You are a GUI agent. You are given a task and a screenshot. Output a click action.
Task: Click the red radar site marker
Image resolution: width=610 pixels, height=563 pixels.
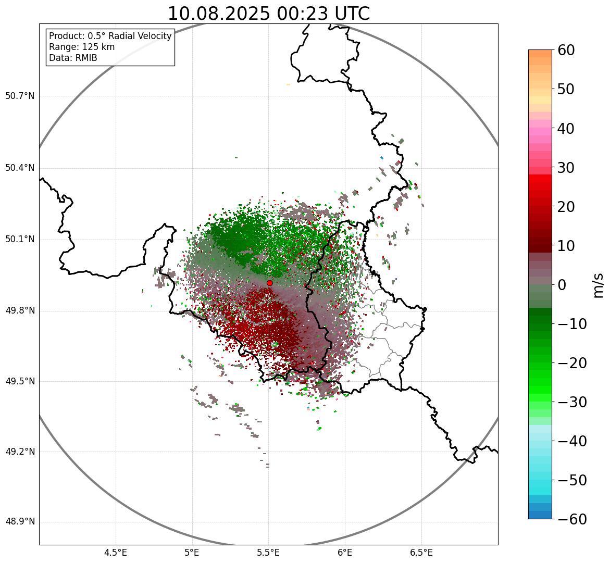point(270,283)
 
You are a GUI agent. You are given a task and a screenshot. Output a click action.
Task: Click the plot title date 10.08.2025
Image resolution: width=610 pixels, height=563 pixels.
point(218,14)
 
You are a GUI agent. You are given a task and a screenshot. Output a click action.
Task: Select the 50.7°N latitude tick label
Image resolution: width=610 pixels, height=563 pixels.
point(20,96)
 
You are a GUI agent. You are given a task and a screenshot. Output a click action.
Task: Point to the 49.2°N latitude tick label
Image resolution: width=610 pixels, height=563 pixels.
point(20,452)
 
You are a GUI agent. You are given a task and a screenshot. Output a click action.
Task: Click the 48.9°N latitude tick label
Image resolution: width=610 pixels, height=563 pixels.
point(20,522)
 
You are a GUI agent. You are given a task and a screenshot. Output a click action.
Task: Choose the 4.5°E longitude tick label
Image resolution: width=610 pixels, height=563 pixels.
point(116,553)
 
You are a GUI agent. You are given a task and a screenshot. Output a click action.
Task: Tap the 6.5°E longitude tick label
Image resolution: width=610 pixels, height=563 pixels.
point(421,553)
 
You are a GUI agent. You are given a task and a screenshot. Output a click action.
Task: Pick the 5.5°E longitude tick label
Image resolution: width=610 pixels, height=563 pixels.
point(268,553)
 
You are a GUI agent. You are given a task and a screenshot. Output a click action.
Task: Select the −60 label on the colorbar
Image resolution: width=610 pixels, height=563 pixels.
point(572,519)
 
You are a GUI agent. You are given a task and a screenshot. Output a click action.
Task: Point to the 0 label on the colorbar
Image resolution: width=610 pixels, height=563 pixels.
point(562,285)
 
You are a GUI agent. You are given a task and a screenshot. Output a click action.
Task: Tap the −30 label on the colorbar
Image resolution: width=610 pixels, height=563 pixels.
point(572,402)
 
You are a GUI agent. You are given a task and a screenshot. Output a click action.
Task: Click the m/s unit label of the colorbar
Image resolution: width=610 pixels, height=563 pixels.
point(599,285)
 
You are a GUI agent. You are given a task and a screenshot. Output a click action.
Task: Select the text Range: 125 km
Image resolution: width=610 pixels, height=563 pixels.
point(82,47)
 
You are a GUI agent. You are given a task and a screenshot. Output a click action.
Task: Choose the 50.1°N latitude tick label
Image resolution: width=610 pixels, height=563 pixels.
point(20,240)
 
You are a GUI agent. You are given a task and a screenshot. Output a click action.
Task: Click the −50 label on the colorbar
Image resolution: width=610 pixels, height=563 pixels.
point(572,480)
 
